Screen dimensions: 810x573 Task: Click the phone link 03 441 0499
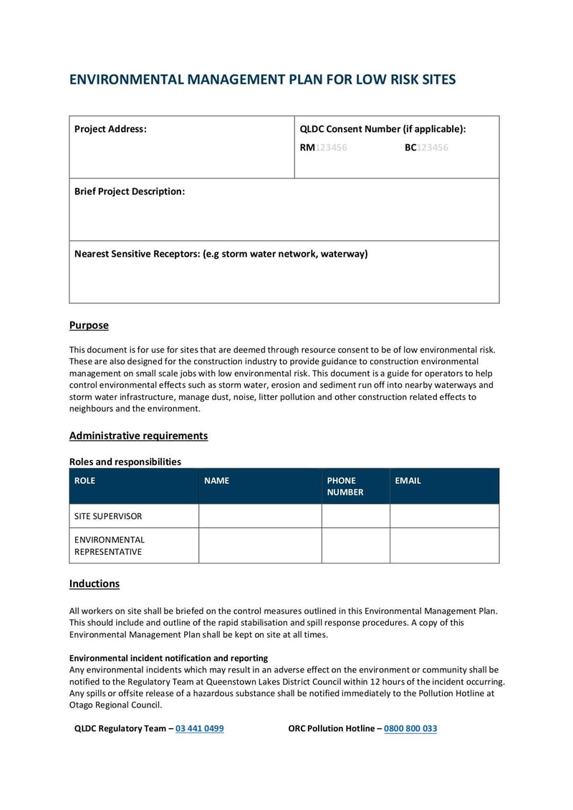(x=199, y=728)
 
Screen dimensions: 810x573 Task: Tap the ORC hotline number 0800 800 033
(x=410, y=728)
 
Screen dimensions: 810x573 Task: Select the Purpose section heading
(x=89, y=325)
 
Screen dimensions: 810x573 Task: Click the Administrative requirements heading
(x=138, y=436)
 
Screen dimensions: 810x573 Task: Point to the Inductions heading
(x=94, y=583)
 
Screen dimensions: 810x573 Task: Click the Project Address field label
(x=110, y=129)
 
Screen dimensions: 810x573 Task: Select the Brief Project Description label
(x=130, y=191)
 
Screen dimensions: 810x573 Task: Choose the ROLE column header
(x=85, y=480)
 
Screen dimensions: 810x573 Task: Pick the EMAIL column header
(x=408, y=480)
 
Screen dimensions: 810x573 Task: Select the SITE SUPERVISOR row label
(x=108, y=516)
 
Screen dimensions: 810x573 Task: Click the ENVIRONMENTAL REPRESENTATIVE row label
(x=110, y=545)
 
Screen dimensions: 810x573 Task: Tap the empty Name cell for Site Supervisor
(x=260, y=516)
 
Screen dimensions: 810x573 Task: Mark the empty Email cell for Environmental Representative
(x=444, y=545)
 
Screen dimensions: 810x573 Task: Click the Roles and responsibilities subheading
(x=125, y=462)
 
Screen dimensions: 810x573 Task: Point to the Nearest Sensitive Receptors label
(x=221, y=254)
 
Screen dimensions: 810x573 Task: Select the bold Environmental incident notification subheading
(x=168, y=658)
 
